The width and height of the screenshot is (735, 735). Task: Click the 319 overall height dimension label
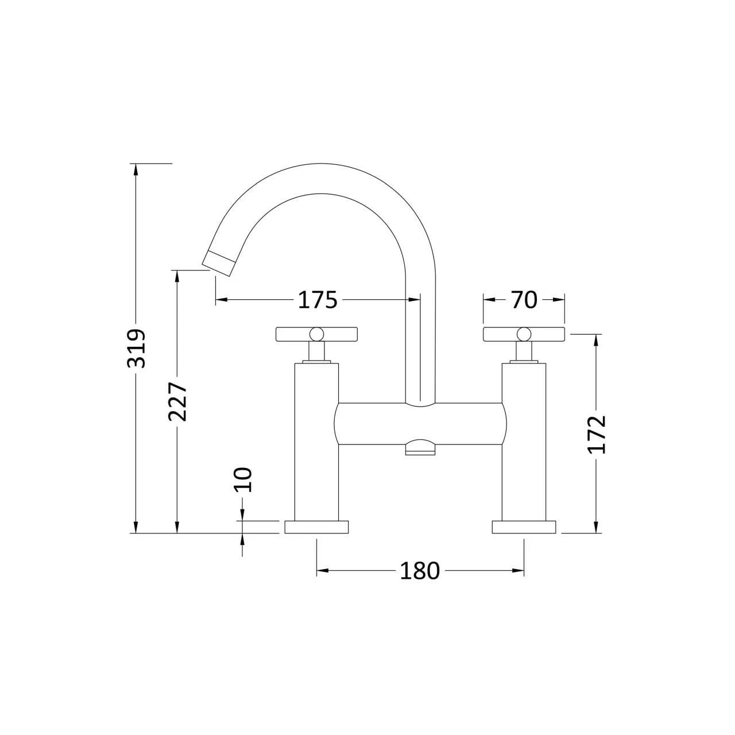tap(137, 349)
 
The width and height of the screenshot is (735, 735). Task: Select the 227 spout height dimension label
tap(178, 401)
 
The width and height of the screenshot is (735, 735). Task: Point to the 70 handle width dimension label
tap(523, 300)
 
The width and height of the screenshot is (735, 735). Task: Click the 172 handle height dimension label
tap(597, 434)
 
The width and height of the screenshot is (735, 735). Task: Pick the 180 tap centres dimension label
tap(420, 571)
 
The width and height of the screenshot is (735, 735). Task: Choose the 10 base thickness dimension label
tap(243, 479)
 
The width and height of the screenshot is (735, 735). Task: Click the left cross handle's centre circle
tap(316, 334)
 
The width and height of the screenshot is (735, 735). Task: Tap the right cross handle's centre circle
tap(524, 334)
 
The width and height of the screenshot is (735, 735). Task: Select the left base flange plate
tap(316, 527)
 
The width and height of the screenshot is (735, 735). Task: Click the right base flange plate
tap(524, 527)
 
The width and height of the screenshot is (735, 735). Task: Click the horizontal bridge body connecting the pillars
tap(420, 423)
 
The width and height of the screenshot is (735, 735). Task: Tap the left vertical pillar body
tap(316, 442)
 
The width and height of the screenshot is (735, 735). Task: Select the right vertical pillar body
tap(524, 442)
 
